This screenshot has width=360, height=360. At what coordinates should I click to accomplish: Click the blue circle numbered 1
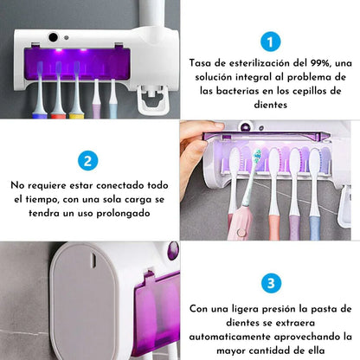(x=270, y=42)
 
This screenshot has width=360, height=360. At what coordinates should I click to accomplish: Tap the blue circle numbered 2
(x=88, y=161)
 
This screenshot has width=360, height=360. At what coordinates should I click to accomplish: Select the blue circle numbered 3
(x=271, y=283)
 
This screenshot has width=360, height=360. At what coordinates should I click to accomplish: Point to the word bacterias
(x=238, y=91)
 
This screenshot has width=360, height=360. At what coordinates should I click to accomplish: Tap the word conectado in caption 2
(x=120, y=185)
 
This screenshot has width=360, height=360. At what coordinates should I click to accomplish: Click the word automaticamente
(x=229, y=337)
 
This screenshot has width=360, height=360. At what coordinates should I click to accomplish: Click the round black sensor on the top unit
(x=54, y=37)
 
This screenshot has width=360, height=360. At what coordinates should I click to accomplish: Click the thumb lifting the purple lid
(x=215, y=127)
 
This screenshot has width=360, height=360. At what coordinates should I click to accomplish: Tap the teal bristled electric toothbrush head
(x=256, y=157)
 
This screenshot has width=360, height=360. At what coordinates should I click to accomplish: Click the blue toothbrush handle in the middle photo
(x=315, y=228)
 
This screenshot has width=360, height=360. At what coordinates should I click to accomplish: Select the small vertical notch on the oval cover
(x=93, y=260)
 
